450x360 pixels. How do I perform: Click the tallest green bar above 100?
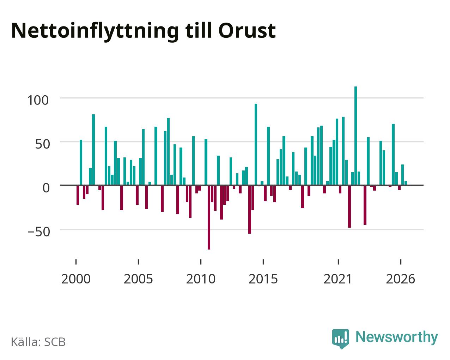pos(355,136)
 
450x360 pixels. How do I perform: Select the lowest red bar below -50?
pos(209,217)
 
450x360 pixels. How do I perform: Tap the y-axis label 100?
pos(38,100)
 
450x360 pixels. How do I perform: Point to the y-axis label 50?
pos(43,144)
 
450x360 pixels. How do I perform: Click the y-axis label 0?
pos(46,188)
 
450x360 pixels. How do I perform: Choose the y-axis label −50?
pos(39,232)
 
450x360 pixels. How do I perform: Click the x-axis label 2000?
pos(76,279)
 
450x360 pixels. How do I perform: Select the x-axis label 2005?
pos(138,279)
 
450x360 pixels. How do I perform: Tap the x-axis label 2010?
pos(201,279)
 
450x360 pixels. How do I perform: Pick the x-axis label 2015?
pos(263,279)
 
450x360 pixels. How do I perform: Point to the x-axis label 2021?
pos(338,279)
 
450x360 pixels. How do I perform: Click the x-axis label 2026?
pos(400,279)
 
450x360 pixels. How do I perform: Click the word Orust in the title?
pos(247,31)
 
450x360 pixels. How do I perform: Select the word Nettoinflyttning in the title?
pos(95,32)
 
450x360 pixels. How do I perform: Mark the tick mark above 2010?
pos(201,262)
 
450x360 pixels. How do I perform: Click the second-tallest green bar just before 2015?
pos(256,144)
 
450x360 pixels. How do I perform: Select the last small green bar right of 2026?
pos(406,183)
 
